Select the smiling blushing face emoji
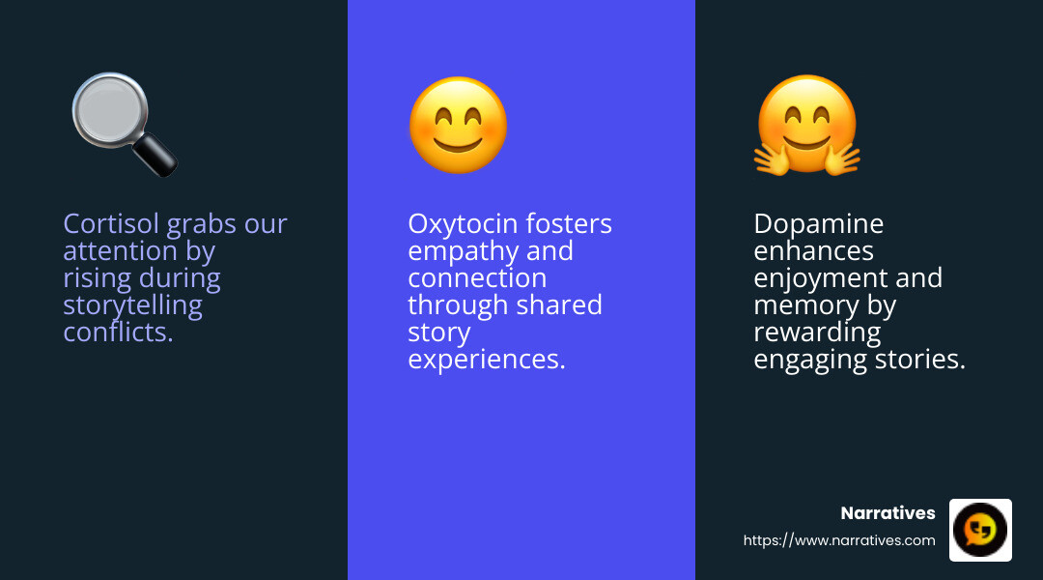point(458,126)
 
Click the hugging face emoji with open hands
point(807,126)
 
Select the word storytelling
point(132,305)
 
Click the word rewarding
point(817,333)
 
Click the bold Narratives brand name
point(888,513)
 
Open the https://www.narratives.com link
point(839,540)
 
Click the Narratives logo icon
point(980,530)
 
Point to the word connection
point(477,278)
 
